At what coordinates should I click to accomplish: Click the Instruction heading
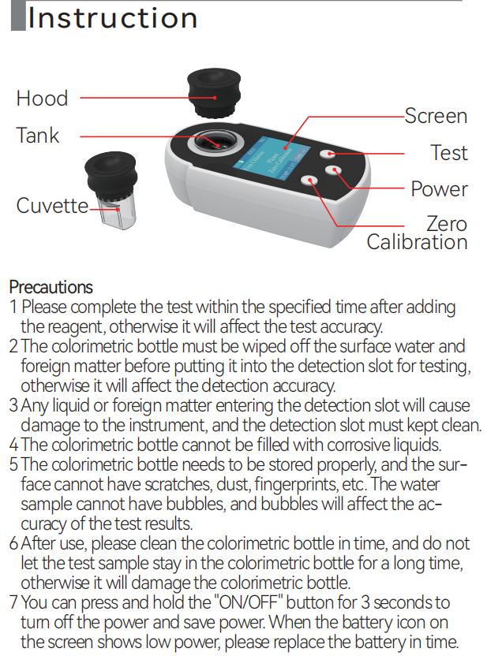click(x=113, y=18)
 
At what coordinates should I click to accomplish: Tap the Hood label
click(x=42, y=99)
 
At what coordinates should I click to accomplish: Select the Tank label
click(x=38, y=136)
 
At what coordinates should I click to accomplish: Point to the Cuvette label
click(x=52, y=206)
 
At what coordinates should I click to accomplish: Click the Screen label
click(x=436, y=116)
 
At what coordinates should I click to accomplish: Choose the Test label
click(x=449, y=153)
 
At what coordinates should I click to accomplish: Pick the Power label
click(x=439, y=189)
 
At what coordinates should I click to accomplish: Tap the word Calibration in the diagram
click(x=417, y=242)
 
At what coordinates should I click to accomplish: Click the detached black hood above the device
click(x=214, y=94)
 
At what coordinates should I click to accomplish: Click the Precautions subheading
click(x=51, y=287)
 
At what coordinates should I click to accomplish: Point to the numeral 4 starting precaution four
click(x=13, y=445)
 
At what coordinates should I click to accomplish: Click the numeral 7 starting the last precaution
click(x=13, y=602)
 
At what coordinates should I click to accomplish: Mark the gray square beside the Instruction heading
click(x=18, y=16)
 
